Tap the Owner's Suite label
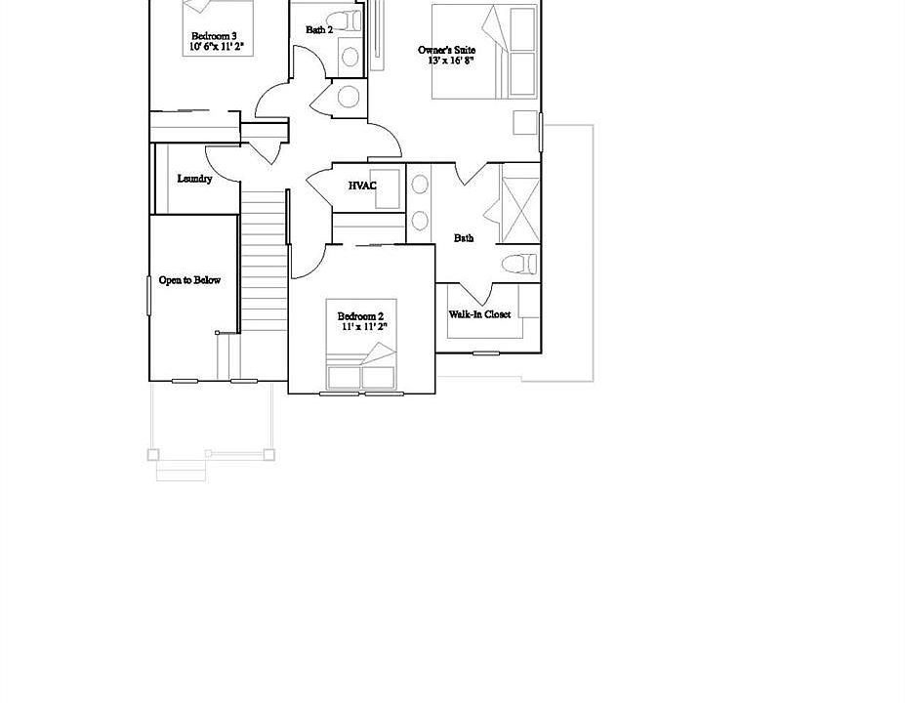[x=446, y=49]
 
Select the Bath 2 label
[x=319, y=30]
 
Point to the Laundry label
[x=194, y=179]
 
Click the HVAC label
[x=362, y=186]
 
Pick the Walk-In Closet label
[x=479, y=314]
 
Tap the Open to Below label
[x=189, y=280]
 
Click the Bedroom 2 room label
[x=360, y=316]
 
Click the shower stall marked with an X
[x=519, y=204]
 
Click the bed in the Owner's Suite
[x=485, y=54]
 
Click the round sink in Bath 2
[x=349, y=96]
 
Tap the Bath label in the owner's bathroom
[x=464, y=237]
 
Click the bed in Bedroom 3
[x=218, y=18]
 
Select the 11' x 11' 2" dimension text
[x=364, y=327]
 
